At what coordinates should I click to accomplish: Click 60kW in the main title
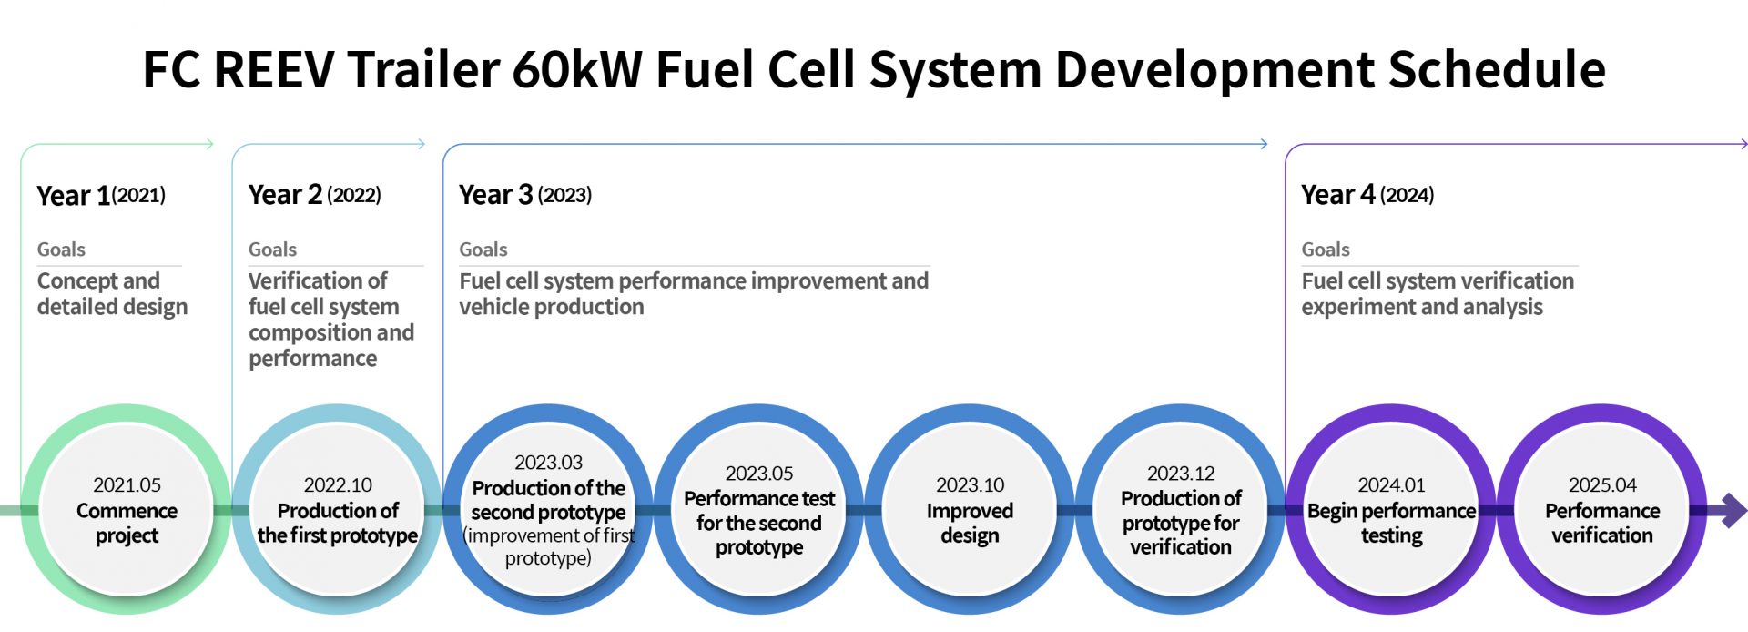577,69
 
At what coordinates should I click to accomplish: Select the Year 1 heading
73,196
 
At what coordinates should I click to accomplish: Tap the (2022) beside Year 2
354,195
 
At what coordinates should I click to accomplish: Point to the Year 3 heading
495,195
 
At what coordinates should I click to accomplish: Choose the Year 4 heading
1338,195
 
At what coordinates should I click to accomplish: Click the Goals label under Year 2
272,250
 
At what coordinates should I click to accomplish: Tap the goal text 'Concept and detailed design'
112,293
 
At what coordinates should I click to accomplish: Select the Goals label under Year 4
1326,250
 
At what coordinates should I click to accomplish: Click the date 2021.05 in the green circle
127,485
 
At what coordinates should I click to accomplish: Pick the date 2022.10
338,485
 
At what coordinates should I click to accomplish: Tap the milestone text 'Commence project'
127,523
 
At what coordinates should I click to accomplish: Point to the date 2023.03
548,463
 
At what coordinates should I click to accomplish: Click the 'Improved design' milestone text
970,523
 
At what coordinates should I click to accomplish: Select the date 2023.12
1181,474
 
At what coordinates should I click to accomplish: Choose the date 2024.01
1391,485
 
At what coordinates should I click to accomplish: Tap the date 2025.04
1602,485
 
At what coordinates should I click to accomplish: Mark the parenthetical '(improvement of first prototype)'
548,546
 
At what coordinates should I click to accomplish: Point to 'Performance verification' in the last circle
1602,523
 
